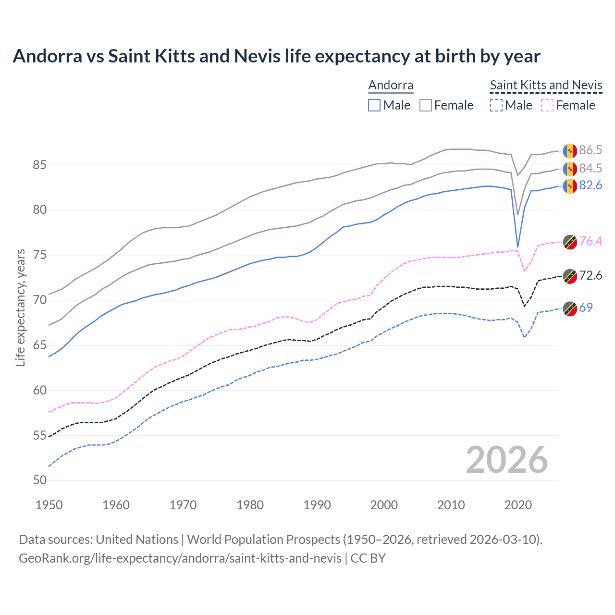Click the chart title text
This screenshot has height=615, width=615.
(x=276, y=56)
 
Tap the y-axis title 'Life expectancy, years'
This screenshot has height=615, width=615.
(x=20, y=307)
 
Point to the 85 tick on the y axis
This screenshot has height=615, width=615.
(x=39, y=165)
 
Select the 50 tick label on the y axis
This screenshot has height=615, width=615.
(x=39, y=480)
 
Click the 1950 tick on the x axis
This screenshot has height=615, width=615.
(x=49, y=505)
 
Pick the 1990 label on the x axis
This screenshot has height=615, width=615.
(x=317, y=505)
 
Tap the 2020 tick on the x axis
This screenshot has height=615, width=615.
(x=518, y=505)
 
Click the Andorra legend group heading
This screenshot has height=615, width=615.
(x=391, y=85)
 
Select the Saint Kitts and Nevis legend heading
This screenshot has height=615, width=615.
(x=546, y=85)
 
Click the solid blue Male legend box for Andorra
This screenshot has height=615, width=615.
(x=374, y=105)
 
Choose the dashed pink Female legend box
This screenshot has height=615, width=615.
(x=547, y=105)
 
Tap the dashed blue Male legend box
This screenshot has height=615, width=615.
(x=496, y=105)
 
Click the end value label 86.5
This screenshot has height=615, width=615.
(x=590, y=150)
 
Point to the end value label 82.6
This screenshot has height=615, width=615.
(x=590, y=185)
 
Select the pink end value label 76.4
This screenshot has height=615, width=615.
(x=590, y=241)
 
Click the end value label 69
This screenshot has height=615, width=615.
(x=586, y=307)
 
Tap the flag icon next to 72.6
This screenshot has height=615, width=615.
(x=570, y=276)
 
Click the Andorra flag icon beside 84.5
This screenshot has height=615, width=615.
(x=570, y=169)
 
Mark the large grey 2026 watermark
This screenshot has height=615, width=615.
(x=506, y=460)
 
